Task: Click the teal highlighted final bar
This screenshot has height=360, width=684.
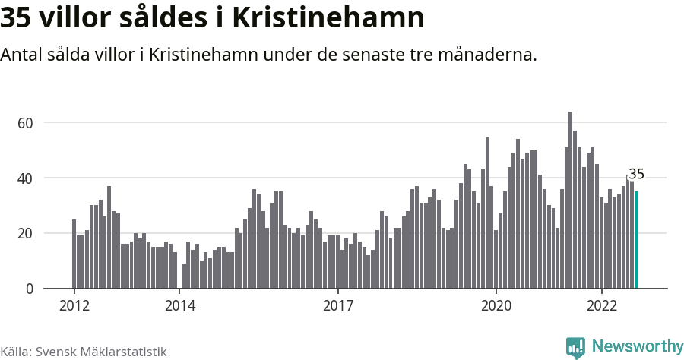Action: [x=637, y=240]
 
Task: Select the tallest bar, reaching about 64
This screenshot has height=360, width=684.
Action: [x=570, y=201]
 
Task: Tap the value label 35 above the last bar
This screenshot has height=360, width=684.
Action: [x=637, y=175]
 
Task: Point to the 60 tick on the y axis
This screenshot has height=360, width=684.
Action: [x=47, y=123]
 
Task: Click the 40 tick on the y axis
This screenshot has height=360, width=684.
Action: [x=47, y=178]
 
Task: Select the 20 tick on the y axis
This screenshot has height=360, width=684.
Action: [x=47, y=234]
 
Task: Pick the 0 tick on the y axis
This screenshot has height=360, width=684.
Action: [x=51, y=289]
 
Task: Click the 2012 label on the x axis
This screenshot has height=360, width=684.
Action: [x=74, y=306]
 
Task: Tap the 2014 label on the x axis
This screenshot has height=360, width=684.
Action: [x=180, y=306]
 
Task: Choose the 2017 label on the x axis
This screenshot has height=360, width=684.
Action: [x=338, y=306]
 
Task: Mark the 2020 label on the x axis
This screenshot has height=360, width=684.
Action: [x=496, y=306]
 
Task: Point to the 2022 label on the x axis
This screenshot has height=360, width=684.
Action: [x=602, y=306]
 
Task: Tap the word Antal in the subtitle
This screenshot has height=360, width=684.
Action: [x=21, y=55]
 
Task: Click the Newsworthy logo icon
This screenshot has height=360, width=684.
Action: [x=575, y=347]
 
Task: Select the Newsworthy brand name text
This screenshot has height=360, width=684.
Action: [x=637, y=346]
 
